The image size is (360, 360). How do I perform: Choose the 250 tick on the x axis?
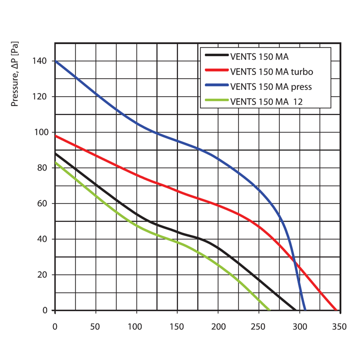pyautogui.click(x=258, y=326)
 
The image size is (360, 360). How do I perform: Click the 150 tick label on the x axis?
pyautogui.click(x=177, y=326)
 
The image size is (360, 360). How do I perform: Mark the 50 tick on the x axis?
pyautogui.click(x=95, y=326)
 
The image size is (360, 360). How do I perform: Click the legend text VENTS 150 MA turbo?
pyautogui.click(x=271, y=71)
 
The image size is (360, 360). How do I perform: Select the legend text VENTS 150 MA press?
pyautogui.click(x=270, y=86)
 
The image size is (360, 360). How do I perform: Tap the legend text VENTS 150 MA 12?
pyautogui.click(x=266, y=101)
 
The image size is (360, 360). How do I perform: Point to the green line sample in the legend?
pyautogui.click(x=216, y=101)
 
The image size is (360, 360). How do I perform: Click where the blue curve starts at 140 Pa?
pyautogui.click(x=55, y=61)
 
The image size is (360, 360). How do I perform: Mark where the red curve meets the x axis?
pyautogui.click(x=336, y=310)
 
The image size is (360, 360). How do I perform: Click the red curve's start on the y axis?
pyautogui.click(x=55, y=136)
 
